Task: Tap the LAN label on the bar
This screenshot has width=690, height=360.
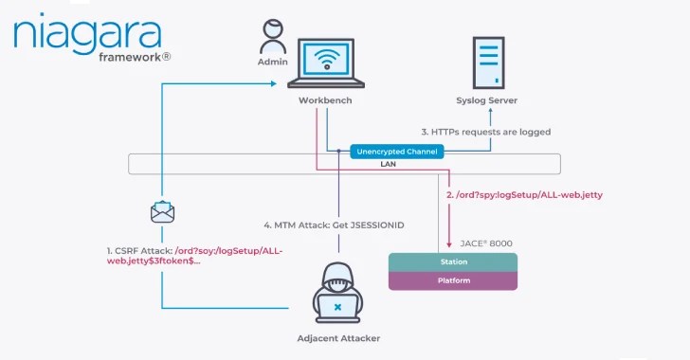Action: [388, 164]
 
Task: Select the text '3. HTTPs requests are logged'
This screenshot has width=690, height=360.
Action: [485, 132]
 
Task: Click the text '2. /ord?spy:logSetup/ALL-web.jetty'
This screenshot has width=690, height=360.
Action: [522, 194]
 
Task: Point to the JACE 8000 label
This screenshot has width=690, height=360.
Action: [483, 243]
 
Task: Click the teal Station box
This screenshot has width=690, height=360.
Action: [454, 262]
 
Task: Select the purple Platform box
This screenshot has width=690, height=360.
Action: [454, 280]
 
